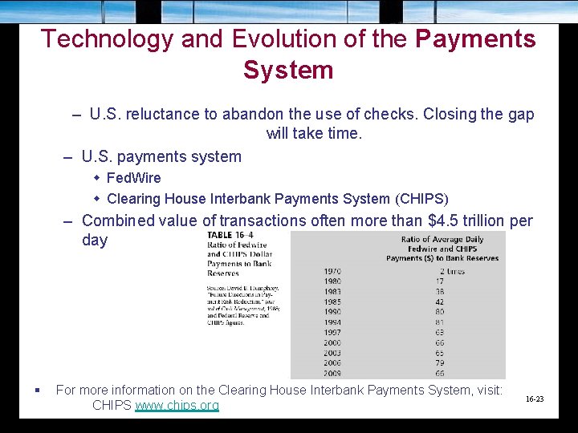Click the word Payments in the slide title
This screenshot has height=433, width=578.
475,38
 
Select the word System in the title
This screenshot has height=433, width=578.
288,70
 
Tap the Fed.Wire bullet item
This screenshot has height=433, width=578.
133,177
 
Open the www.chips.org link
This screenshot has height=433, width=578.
177,405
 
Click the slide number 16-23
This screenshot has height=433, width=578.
535,399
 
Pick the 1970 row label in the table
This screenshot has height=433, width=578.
332,272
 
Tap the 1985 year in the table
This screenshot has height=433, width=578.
332,302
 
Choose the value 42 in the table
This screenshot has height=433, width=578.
440,302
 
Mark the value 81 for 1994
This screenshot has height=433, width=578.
440,322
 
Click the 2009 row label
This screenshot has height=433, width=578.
332,373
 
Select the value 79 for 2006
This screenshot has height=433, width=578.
440,363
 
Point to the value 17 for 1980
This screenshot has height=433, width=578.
440,281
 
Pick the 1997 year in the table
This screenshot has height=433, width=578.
332,333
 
